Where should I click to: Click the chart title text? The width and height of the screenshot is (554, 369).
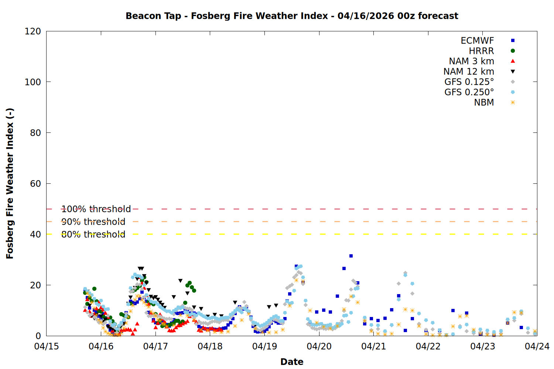292,16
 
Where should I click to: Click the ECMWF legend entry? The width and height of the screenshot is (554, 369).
477,41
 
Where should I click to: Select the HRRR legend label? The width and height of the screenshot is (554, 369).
481,51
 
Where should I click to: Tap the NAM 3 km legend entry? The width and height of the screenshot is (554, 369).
471,61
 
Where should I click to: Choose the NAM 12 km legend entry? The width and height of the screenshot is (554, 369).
469,72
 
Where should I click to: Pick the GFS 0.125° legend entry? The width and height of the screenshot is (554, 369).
469,82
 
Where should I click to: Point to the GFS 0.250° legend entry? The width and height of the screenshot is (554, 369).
469,92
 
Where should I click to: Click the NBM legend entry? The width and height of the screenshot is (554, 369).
484,103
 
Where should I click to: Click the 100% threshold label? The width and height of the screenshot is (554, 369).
96,209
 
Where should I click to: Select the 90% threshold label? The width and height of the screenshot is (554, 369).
93,222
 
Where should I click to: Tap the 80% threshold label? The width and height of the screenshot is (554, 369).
93,234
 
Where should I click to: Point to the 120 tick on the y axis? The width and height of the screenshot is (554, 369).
33,31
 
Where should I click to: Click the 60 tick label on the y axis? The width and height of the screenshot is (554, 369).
35,184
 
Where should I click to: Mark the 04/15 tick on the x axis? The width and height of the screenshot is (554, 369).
47,346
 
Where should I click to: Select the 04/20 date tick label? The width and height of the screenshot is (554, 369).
319,346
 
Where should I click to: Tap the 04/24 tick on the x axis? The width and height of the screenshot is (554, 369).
537,346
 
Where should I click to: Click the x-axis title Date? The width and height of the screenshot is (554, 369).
292,362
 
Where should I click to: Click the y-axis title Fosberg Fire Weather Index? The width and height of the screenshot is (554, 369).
10,183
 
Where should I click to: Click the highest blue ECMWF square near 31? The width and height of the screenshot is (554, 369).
351,256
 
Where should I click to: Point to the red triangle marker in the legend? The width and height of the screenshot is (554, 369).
513,61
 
